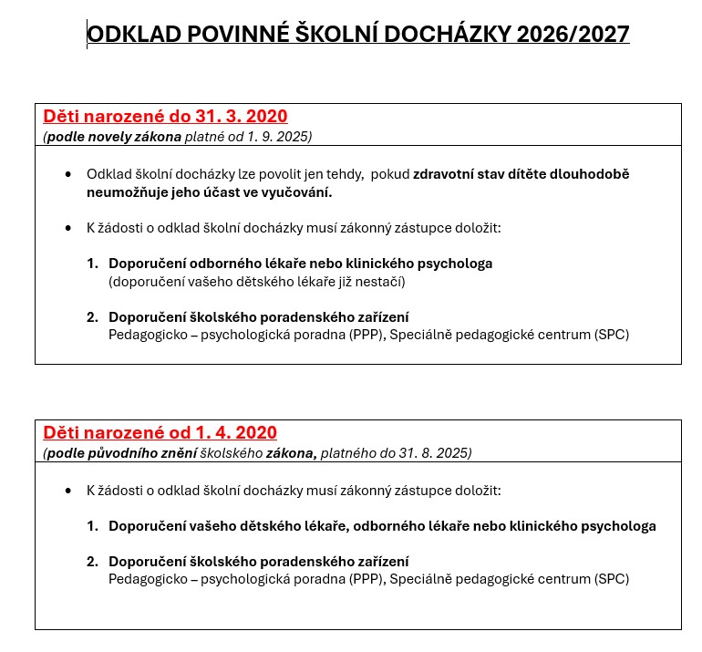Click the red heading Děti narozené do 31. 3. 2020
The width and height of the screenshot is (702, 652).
click(165, 116)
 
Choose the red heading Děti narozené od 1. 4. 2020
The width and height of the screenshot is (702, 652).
click(160, 432)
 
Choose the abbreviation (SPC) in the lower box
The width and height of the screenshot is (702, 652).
click(611, 579)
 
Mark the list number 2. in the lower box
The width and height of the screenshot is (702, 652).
click(93, 562)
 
